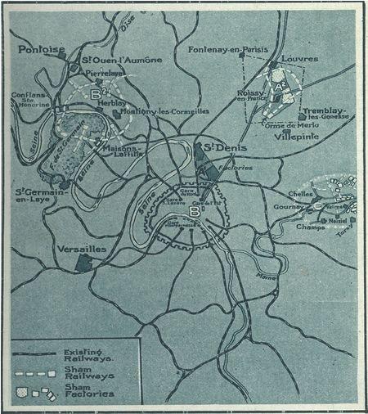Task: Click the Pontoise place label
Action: point(41,50)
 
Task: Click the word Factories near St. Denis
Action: point(242,167)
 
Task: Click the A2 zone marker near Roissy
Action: point(279,84)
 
